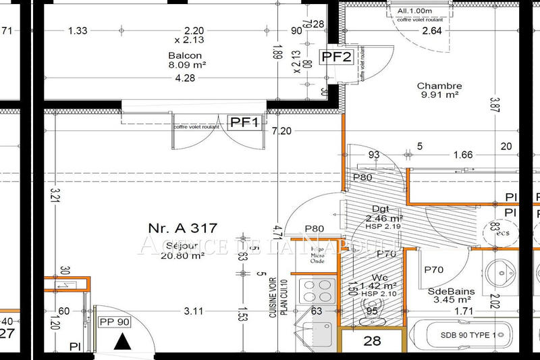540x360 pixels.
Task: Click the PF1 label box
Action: [245, 122]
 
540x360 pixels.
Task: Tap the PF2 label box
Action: [337, 57]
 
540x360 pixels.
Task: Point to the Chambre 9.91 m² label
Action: [439, 91]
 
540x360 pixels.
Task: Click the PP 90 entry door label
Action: [113, 322]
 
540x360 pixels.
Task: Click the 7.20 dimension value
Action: [281, 131]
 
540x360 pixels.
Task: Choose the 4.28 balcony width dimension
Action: [186, 78]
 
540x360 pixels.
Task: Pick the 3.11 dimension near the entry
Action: [194, 311]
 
